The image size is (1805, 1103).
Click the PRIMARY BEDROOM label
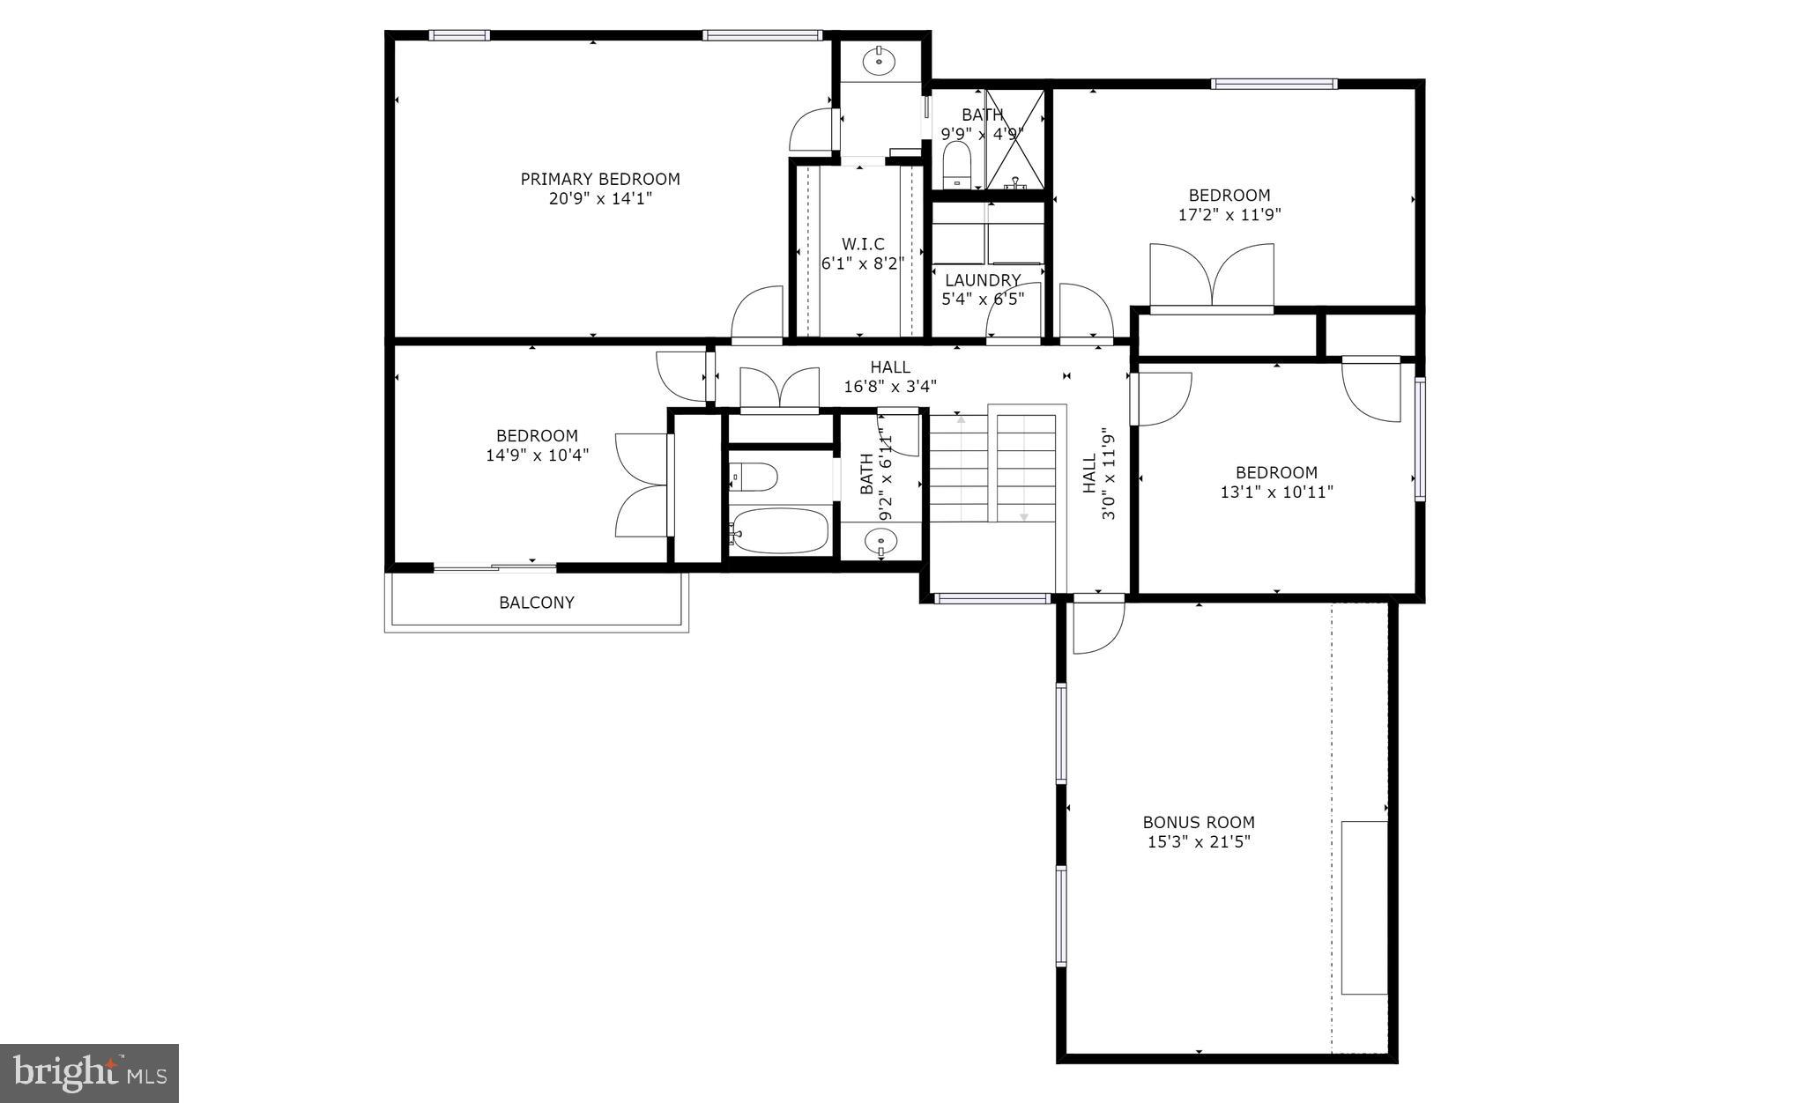(600, 179)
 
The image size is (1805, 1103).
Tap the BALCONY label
(536, 603)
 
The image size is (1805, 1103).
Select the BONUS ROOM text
(1199, 822)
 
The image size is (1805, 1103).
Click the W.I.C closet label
(863, 243)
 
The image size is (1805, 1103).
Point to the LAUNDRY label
(983, 280)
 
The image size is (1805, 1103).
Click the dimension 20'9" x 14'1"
(600, 199)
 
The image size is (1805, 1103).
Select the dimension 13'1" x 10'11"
(1276, 492)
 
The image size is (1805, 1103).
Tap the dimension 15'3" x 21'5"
(1199, 842)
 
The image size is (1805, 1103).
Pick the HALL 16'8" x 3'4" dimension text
(890, 386)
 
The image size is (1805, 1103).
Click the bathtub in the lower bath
(779, 529)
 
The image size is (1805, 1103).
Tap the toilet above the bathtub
(754, 477)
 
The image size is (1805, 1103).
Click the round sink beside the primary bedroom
(879, 61)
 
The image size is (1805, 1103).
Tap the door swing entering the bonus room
(1098, 626)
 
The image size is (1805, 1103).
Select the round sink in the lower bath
(880, 541)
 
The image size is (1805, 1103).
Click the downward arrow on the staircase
(1024, 515)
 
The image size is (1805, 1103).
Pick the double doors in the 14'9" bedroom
(643, 485)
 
